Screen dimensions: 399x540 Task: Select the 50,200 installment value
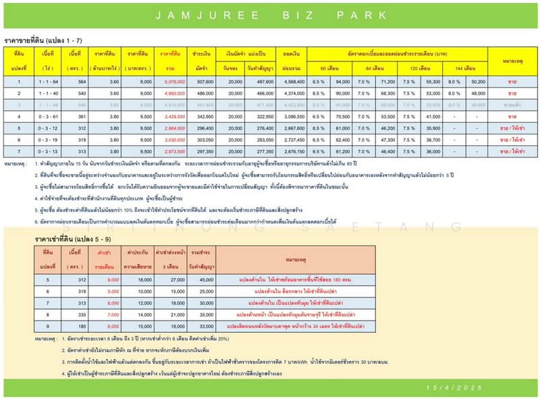tap(460, 81)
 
